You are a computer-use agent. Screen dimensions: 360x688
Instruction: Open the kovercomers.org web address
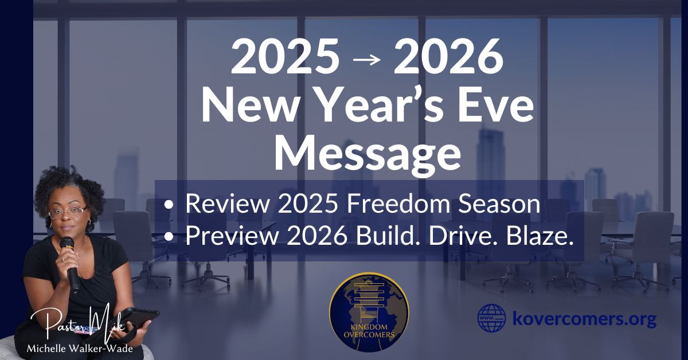584,319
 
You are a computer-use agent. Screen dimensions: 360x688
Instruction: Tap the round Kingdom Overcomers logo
369,312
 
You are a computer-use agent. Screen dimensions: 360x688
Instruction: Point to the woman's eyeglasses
67,212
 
